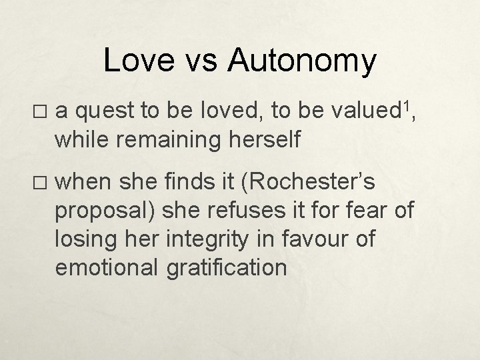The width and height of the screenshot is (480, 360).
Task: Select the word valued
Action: [x=366, y=115]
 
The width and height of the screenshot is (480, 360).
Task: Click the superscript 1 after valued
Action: [x=409, y=107]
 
